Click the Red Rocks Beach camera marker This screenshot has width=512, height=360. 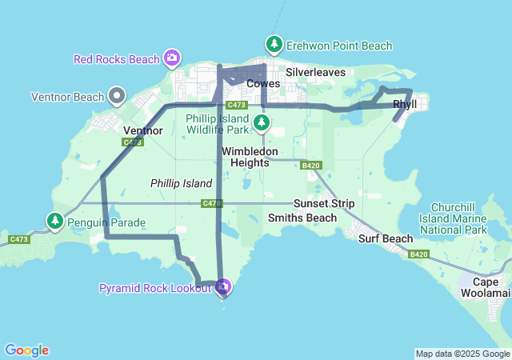point(171,58)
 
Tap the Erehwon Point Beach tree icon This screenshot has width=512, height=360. point(274,44)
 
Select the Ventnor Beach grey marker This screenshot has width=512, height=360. point(117,97)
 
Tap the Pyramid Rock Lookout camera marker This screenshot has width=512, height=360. point(223,286)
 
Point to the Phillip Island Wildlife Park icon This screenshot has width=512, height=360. point(262,122)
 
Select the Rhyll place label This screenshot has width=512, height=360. point(405,104)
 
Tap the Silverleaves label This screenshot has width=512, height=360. point(316,72)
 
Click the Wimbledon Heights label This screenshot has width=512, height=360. point(250,157)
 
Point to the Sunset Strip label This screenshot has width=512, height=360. point(323,203)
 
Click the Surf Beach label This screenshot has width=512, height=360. point(386,238)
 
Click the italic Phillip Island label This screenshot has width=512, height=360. point(181,183)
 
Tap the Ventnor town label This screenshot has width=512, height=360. point(144,130)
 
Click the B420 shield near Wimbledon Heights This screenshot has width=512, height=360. point(311,166)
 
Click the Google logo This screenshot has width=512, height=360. point(26,350)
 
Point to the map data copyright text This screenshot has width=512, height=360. point(462,354)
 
